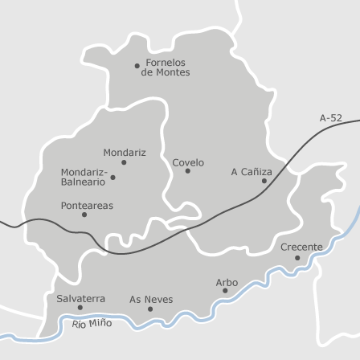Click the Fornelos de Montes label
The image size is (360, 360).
point(166,67)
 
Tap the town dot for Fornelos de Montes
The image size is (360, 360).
point(137,66)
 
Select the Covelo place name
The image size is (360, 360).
point(188,162)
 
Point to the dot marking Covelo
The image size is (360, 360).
point(188,171)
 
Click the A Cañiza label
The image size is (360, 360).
point(252,171)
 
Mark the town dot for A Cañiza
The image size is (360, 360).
point(264,181)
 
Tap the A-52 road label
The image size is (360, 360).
point(330,118)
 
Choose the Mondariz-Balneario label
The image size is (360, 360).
point(84,177)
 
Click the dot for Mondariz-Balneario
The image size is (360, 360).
point(112,178)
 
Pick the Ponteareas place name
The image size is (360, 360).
point(87,205)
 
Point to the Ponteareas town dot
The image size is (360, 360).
point(84,215)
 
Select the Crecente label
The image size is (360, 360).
point(301,247)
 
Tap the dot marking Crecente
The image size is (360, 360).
point(297,258)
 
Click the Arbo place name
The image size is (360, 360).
point(227,282)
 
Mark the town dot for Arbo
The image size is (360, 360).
point(225,291)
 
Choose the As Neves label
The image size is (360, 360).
point(151,299)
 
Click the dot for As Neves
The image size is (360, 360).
point(150,309)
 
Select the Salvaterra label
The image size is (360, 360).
point(80,298)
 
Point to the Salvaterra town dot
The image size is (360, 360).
point(80,308)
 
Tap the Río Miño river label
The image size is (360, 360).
point(92,323)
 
